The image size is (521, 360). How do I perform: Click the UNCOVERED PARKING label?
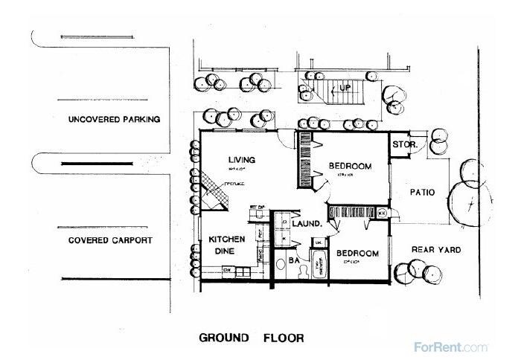point(114,119)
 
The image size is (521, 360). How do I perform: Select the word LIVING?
point(242,160)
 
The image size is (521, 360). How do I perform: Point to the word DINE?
point(223,252)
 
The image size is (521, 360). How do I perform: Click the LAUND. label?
point(306,223)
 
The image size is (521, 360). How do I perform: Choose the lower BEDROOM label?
point(357,254)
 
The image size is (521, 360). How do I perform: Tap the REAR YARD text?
point(438,249)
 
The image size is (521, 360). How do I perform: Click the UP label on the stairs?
point(345,88)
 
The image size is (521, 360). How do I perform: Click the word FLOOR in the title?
point(282,338)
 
